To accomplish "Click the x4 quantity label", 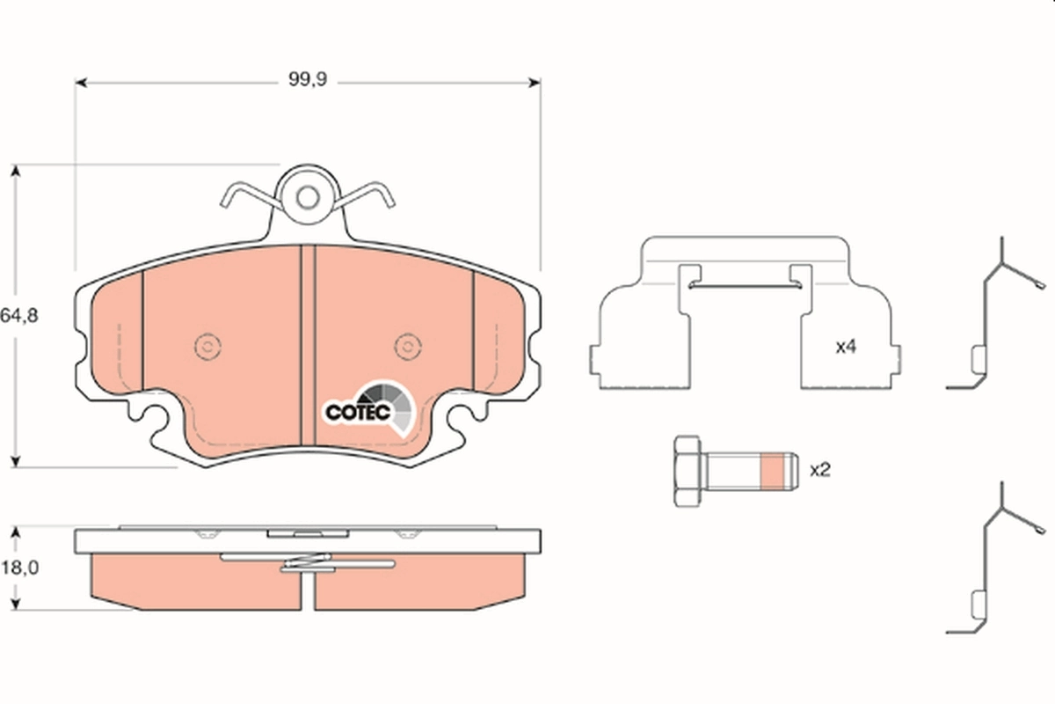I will [846, 347].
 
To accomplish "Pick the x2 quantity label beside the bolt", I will [819, 470].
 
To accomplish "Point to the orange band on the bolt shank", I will [772, 471].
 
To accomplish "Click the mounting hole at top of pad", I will [307, 197].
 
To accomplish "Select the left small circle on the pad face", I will [207, 347].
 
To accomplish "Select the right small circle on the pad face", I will [406, 347].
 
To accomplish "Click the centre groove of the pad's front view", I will [308, 343].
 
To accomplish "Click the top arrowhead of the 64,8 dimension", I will [15, 170].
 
